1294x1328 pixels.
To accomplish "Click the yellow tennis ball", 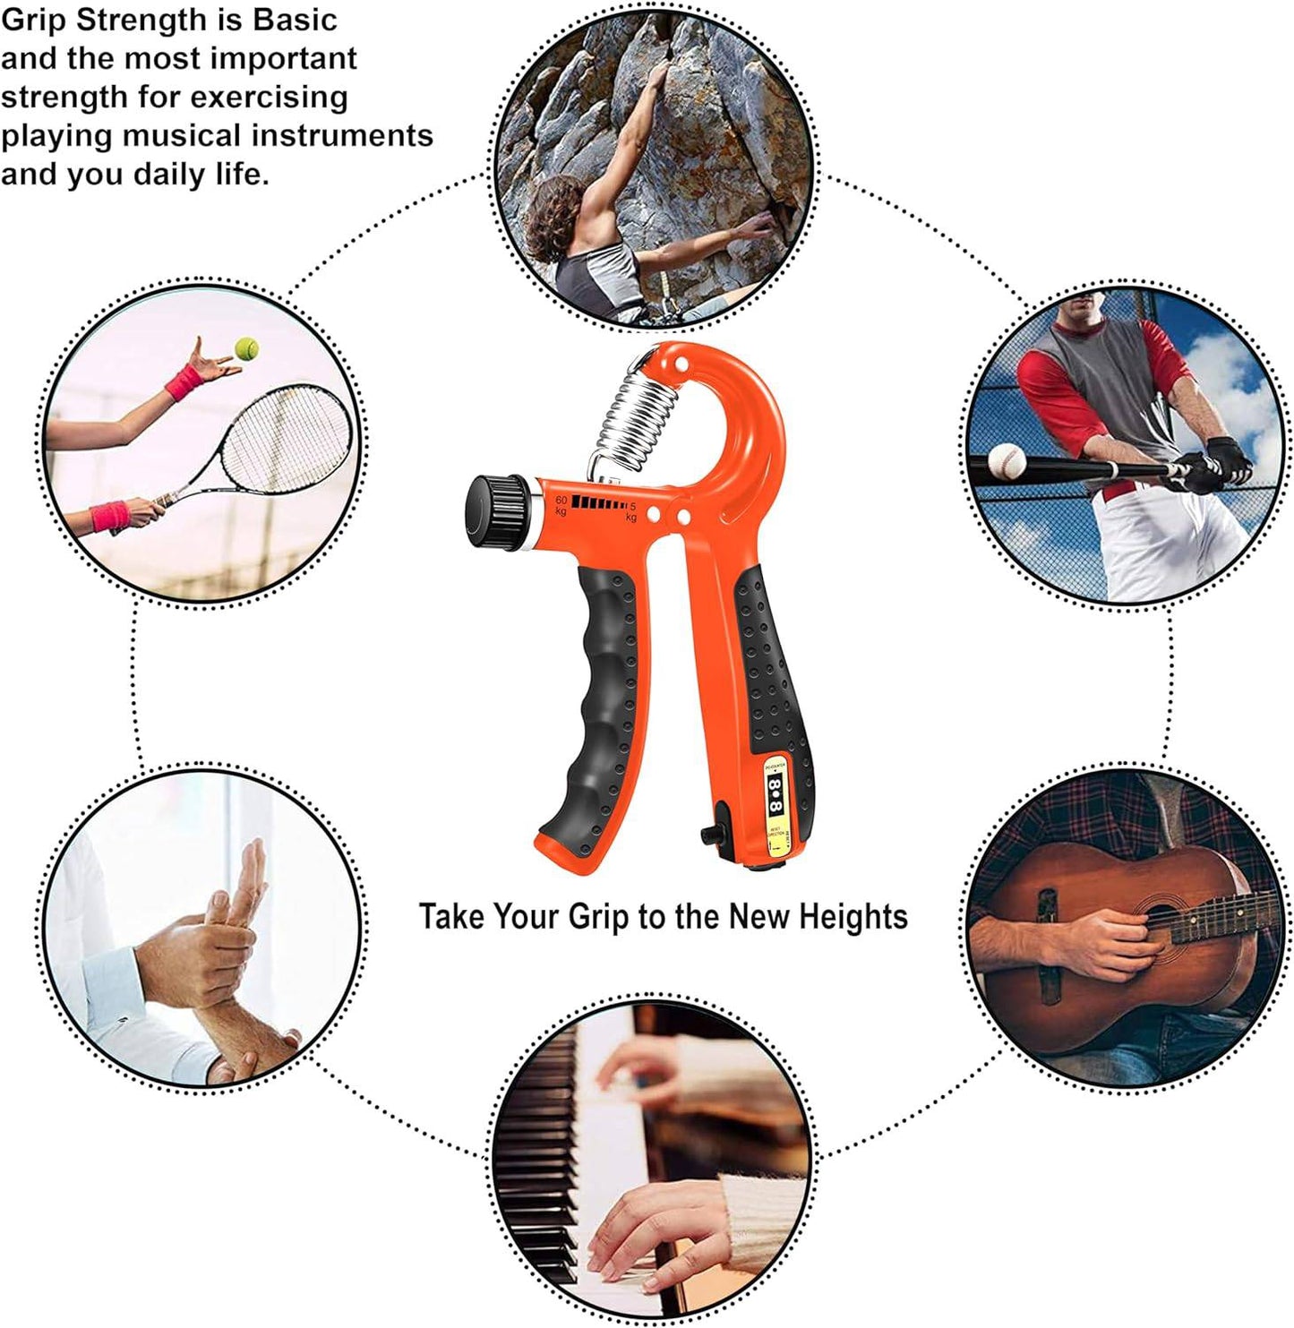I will coord(244,347).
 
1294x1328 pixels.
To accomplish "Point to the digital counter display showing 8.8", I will coord(776,793).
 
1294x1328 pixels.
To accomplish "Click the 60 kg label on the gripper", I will coord(561,505).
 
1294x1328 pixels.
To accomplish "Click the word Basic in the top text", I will coord(295,20).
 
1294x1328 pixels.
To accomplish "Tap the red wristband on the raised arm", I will coord(185,382).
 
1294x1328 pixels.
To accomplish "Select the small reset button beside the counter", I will coord(712,833).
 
